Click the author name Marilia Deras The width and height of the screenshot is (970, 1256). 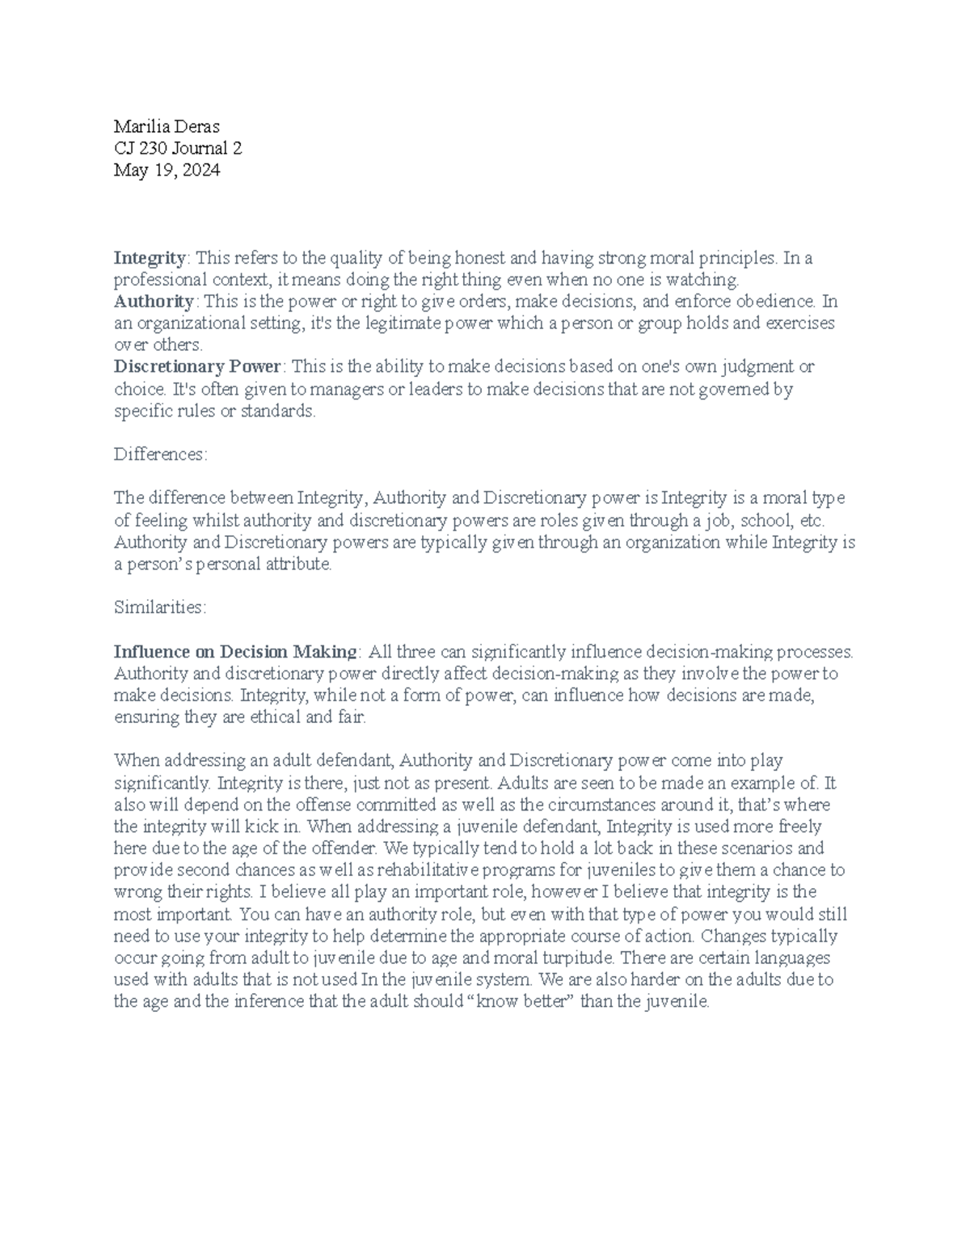click(167, 126)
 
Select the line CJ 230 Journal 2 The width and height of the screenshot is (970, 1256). click(178, 148)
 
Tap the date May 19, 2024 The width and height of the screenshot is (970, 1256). click(167, 170)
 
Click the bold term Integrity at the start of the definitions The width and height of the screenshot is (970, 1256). click(150, 258)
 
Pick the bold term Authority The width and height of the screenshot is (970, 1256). click(154, 302)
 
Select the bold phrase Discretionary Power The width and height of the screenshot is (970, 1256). click(196, 367)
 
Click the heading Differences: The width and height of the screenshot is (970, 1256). click(161, 455)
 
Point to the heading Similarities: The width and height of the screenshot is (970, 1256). click(160, 607)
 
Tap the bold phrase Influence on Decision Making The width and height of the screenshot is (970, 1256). click(235, 652)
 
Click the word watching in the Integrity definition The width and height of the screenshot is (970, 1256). click(706, 280)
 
